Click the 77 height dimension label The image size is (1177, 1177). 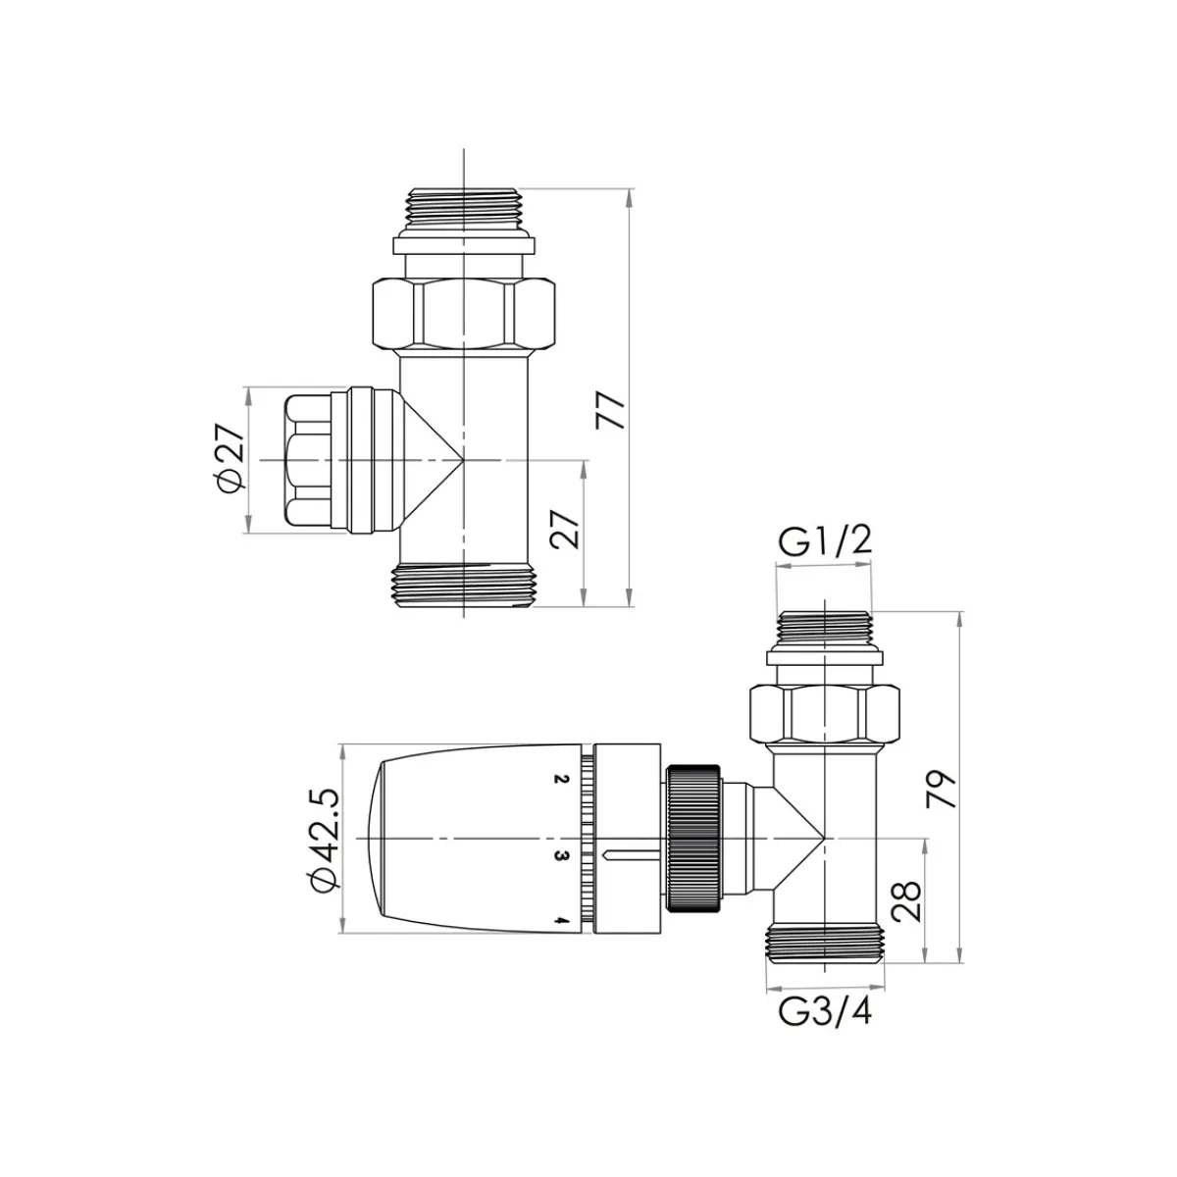click(610, 411)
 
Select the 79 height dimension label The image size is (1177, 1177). click(941, 790)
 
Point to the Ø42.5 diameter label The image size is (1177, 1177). click(325, 841)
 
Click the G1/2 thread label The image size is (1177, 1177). click(824, 541)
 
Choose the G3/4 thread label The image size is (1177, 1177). click(825, 1011)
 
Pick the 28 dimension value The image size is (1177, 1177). click(906, 901)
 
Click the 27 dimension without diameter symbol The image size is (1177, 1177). click(564, 530)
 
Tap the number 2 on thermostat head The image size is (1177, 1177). click(561, 779)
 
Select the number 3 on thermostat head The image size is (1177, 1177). click(561, 855)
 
